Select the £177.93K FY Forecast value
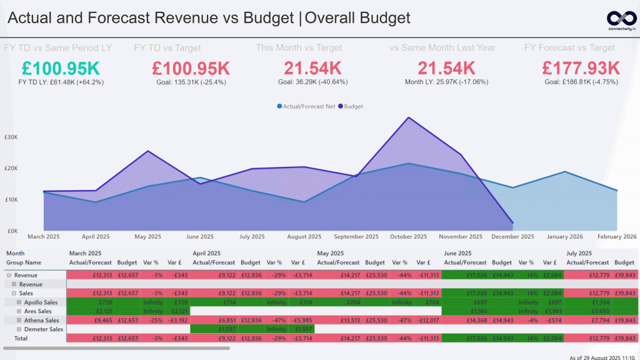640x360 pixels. pos(581,67)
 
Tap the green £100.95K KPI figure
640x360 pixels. pos(60,67)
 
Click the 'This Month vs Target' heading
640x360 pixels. pos(298,47)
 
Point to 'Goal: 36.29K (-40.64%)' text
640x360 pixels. pos(312,82)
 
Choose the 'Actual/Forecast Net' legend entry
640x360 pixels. pos(307,106)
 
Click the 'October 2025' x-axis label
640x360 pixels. pos(408,237)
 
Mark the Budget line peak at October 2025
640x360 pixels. pos(409,117)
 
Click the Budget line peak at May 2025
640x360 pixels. pos(147,151)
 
